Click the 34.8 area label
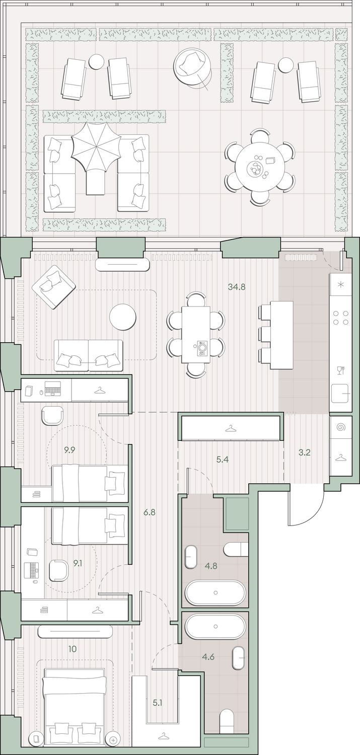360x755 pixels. tap(237, 287)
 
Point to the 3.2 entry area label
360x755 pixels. tap(305, 452)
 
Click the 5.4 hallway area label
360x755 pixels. tap(223, 460)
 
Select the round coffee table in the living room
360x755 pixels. tap(123, 317)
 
